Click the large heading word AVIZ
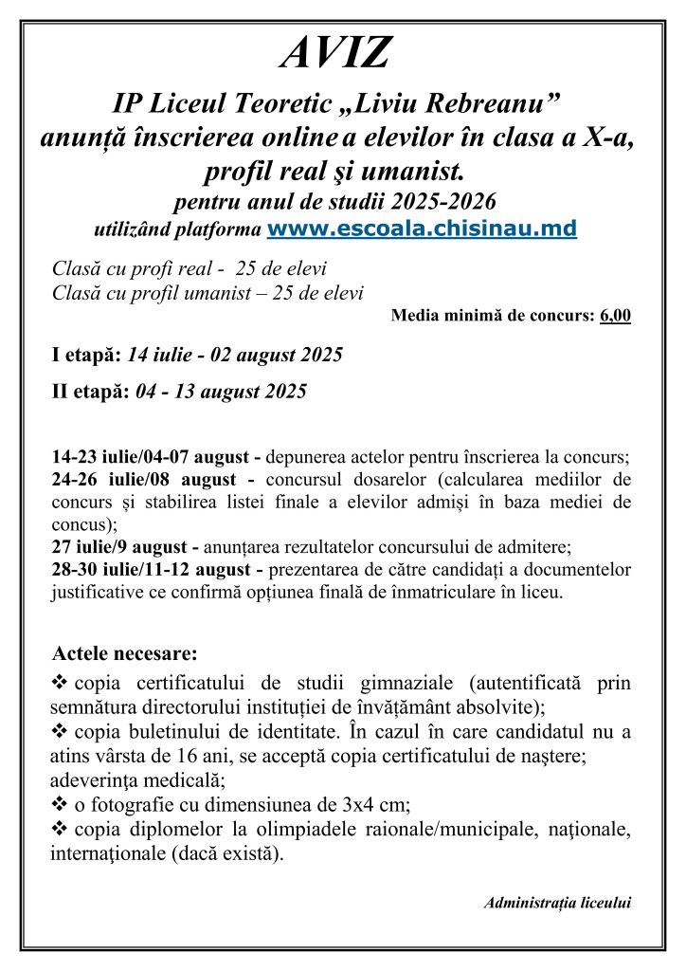[x=335, y=54]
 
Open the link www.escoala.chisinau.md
[x=423, y=229]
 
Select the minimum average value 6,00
[x=615, y=316]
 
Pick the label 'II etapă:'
[x=89, y=391]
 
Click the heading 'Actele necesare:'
[x=125, y=653]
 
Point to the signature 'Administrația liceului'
[x=558, y=903]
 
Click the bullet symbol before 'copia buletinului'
[x=59, y=732]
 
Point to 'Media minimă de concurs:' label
[x=492, y=316]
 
